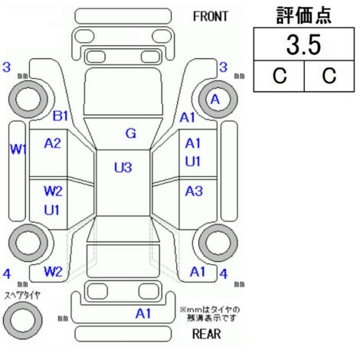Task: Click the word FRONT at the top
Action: point(210,17)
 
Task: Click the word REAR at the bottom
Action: point(207,334)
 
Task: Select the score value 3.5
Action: point(303,45)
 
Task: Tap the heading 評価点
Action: point(303,15)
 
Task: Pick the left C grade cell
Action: point(280,76)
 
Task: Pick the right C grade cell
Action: point(329,76)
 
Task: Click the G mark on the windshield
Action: point(131,133)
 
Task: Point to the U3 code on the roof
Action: point(123,168)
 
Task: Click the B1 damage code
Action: point(61,116)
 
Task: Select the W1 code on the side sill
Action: point(18,149)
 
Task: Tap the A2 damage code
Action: point(53,143)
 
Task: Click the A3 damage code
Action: point(194,191)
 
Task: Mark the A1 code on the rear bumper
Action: point(143,313)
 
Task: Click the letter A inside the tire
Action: point(215,100)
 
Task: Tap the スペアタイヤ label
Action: point(22,296)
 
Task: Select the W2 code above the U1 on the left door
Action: point(53,191)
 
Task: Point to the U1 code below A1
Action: point(193,162)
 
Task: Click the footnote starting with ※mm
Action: point(210,314)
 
